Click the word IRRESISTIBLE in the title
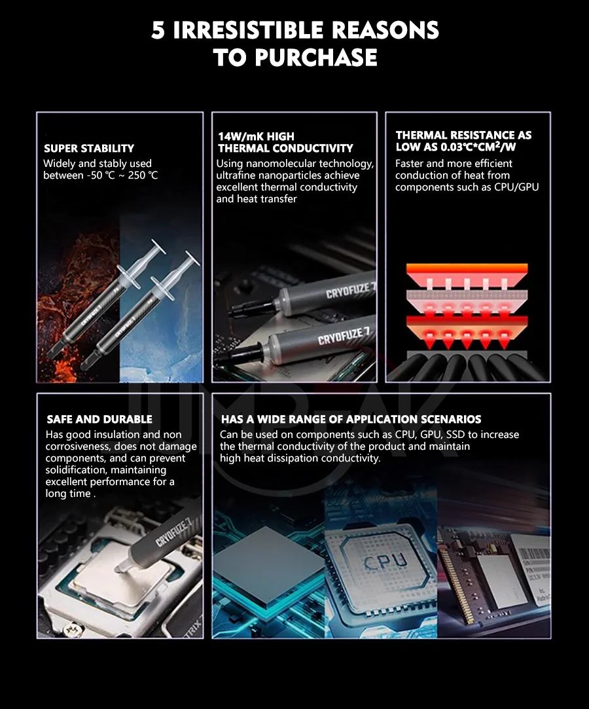pos(249,30)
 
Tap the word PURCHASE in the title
pos(315,58)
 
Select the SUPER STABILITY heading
pos(89,149)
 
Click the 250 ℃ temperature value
pos(143,175)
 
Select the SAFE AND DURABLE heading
pos(99,419)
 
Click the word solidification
pos(77,470)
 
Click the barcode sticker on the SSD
pos(534,554)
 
